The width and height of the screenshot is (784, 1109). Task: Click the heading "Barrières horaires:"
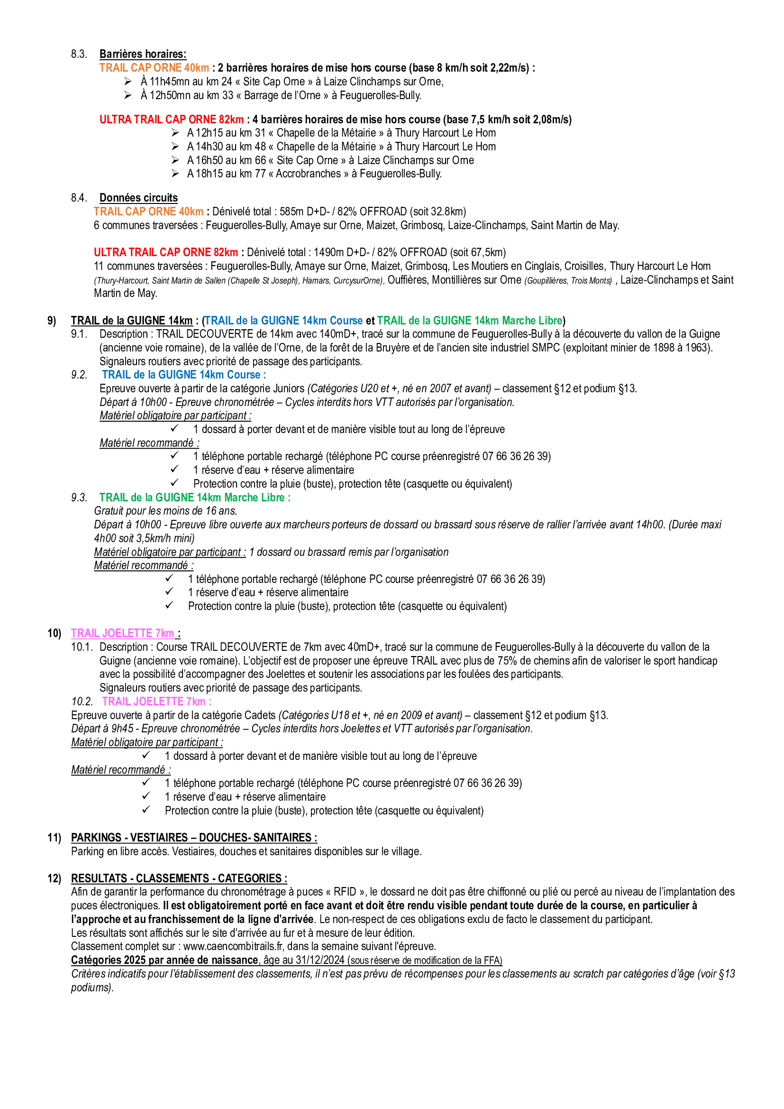(143, 54)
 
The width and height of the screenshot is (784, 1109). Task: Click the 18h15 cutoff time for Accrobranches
(209, 174)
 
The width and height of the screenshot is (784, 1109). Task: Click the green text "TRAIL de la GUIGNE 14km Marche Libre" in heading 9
(469, 320)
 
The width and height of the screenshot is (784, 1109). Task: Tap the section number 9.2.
(79, 375)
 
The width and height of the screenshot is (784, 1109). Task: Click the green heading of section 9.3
(194, 498)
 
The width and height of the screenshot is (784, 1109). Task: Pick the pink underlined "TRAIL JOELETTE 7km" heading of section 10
(123, 633)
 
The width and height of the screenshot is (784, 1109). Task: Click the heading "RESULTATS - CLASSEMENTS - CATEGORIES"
(179, 878)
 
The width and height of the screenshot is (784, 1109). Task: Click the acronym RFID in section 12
(345, 892)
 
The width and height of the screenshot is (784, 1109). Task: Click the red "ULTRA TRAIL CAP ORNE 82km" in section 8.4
(165, 252)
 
